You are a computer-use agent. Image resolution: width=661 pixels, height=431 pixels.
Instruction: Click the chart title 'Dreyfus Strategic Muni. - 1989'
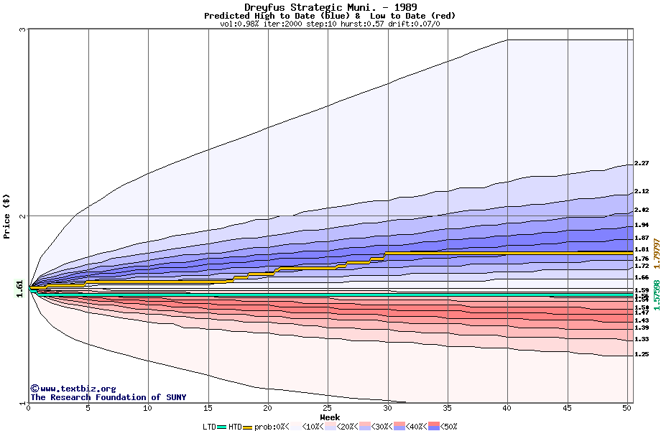[x=330, y=7]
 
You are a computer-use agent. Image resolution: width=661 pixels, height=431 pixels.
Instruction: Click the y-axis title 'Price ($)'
[x=6, y=216]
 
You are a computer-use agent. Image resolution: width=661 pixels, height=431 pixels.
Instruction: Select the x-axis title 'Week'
[x=330, y=417]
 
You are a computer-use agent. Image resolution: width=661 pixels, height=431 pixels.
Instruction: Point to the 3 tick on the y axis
[x=23, y=29]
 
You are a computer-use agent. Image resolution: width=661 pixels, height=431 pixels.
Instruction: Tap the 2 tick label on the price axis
[x=23, y=215]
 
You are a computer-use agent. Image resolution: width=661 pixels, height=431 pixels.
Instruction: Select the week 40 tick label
[x=508, y=408]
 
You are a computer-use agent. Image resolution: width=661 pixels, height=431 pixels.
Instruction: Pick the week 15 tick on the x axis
[x=208, y=408]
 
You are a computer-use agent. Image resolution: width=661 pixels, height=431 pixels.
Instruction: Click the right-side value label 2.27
[x=642, y=164]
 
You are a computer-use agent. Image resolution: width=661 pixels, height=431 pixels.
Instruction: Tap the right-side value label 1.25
[x=642, y=354]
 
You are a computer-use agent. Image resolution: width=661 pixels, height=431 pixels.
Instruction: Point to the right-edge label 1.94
[x=642, y=225]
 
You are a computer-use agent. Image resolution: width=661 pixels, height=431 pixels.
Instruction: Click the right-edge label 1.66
[x=642, y=277]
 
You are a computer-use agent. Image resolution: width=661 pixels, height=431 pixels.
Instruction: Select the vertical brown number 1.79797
[x=656, y=269]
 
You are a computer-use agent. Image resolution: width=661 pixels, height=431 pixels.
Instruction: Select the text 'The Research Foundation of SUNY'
[x=108, y=397]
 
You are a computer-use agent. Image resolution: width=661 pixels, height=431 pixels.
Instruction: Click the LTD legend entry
[x=210, y=427]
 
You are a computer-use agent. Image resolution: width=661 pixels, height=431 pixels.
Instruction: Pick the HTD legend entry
[x=235, y=427]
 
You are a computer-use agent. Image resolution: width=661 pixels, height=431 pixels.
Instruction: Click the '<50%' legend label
[x=447, y=427]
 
